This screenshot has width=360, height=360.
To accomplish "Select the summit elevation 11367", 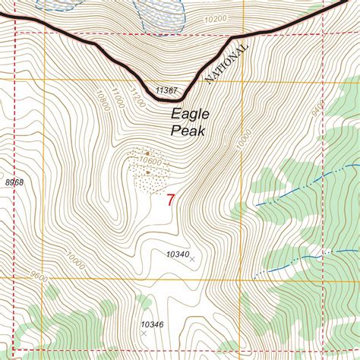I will click(x=166, y=90).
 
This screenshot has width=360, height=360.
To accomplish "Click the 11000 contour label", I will click(x=115, y=95).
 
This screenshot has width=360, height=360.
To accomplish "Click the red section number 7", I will click(x=170, y=200).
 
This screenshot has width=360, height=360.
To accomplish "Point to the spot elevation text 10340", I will click(x=176, y=254).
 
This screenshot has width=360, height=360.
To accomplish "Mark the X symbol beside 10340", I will click(x=191, y=260).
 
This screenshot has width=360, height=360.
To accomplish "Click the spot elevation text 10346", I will click(x=152, y=324).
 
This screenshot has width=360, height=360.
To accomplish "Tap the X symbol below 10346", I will click(x=144, y=333).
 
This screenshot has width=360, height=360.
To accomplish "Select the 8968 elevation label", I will click(x=14, y=182).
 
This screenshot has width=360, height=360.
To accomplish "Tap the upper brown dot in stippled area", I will click(x=147, y=153).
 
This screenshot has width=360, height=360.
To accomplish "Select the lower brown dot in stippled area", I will click(x=147, y=172).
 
